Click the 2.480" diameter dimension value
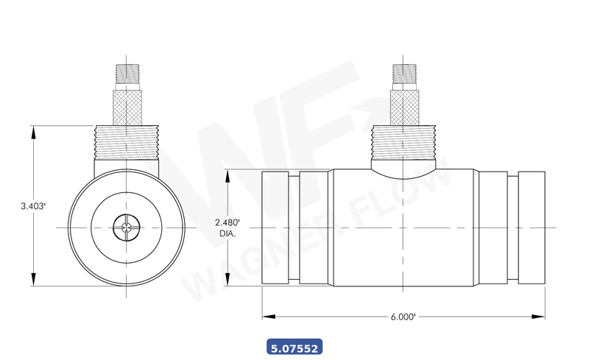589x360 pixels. click(228, 222)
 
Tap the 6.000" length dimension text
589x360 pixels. click(403, 317)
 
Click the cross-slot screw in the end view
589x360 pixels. click(126, 229)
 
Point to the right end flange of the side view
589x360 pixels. click(531, 229)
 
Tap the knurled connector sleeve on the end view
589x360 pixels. click(126, 107)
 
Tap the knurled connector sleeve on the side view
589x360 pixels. click(403, 107)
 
